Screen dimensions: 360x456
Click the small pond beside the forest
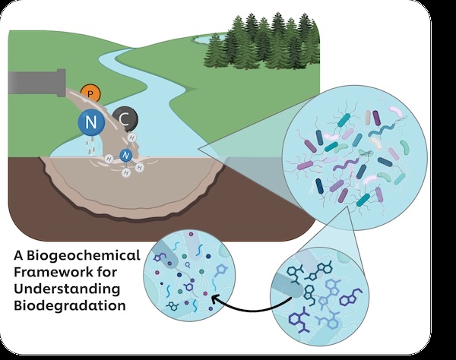click(209, 38)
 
